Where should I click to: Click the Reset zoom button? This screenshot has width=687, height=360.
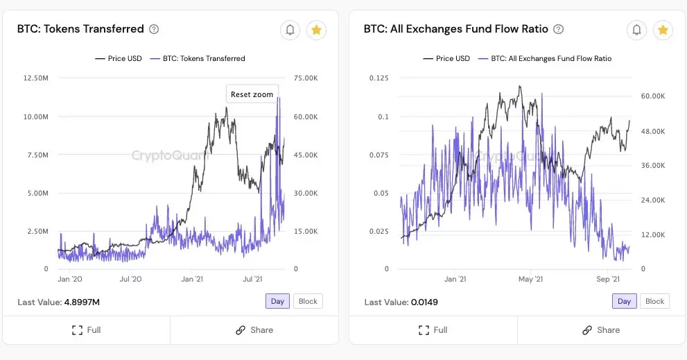pos(252,94)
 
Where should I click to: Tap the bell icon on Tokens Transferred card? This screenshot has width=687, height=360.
pos(290,30)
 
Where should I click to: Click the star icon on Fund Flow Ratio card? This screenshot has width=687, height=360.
pos(663,30)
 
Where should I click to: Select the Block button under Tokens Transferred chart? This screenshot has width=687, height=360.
pos(308,301)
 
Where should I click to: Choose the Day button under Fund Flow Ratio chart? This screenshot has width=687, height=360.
pos(624,301)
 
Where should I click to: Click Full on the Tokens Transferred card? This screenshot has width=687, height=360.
pos(87,330)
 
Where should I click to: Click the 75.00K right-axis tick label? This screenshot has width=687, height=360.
pos(306,78)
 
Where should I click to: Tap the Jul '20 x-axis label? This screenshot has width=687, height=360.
pos(130,279)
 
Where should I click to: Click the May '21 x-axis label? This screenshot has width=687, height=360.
pos(530,279)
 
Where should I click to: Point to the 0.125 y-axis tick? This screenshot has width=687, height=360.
pos(379,78)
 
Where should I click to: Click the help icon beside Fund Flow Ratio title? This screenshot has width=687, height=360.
pos(559,29)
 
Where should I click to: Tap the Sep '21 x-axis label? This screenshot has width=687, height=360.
pos(608,279)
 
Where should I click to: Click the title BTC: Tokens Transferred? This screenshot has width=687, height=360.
pos(80,29)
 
